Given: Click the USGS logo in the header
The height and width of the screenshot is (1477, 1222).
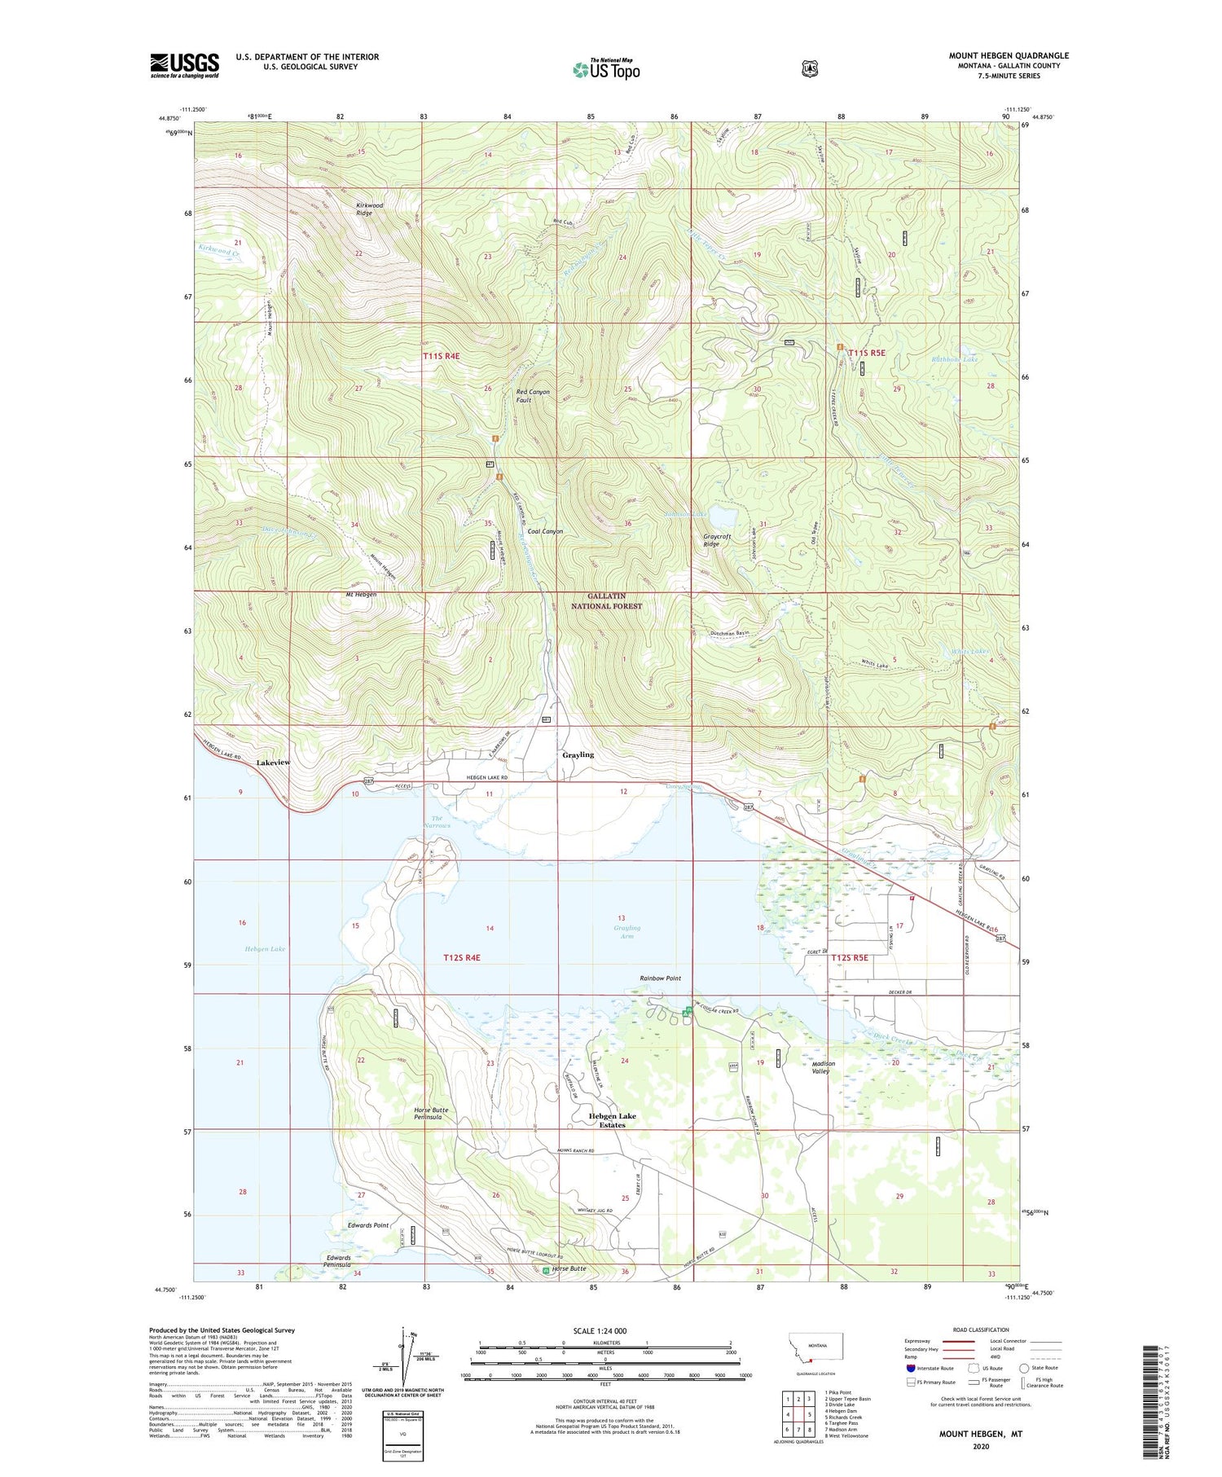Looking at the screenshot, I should point(185,65).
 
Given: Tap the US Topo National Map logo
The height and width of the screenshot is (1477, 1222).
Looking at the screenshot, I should point(607,69).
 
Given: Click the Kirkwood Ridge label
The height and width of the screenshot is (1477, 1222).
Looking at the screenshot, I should point(369,209).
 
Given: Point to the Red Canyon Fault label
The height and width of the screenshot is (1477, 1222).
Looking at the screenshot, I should point(533,396).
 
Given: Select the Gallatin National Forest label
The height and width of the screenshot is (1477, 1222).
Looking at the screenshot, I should point(606,601).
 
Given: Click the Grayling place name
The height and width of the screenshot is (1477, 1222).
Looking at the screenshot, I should point(578,754).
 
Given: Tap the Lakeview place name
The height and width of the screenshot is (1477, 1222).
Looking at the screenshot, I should point(273,763).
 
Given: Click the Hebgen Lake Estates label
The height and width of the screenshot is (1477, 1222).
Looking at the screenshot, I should point(613,1120).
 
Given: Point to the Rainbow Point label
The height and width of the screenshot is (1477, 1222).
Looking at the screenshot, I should point(660,978).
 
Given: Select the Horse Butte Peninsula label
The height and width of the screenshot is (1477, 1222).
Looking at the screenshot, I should point(428,1114).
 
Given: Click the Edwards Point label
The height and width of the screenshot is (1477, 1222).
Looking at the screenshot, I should point(368,1225).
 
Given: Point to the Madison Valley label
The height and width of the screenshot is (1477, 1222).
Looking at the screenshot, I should point(820,1067).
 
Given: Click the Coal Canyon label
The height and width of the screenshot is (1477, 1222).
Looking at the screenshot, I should point(545,531).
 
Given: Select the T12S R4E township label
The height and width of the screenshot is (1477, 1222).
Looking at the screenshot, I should point(462,957).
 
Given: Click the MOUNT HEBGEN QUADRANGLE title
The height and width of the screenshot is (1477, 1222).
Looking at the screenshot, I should point(1008,55).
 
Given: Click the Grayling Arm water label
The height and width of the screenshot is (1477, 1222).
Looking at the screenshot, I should point(626,932).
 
